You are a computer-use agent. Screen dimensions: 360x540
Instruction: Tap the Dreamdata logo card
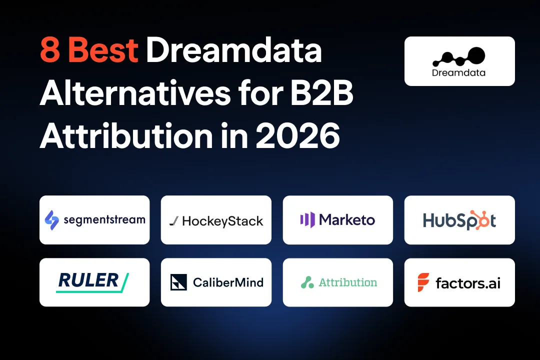[459, 61]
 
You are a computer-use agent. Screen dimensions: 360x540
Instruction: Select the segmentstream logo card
[94, 220]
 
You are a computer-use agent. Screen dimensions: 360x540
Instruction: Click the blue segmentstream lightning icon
[52, 219]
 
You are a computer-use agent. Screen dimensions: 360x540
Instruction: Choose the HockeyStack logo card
[216, 220]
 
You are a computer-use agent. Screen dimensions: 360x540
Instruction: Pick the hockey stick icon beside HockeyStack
[173, 221]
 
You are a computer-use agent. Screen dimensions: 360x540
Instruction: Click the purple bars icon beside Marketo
[307, 219]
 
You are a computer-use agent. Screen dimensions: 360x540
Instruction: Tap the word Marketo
[347, 219]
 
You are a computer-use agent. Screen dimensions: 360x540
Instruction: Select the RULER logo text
[89, 281]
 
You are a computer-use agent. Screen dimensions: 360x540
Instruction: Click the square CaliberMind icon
[178, 282]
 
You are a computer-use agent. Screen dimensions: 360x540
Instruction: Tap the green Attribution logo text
[348, 282]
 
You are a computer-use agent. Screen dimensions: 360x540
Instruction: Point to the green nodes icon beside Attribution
[307, 282]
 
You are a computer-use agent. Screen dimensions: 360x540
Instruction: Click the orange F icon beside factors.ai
[423, 282]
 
